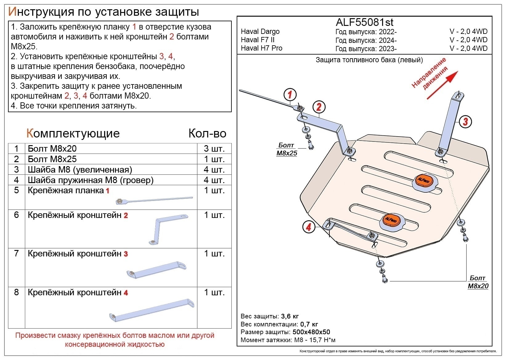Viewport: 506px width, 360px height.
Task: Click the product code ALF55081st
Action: pyautogui.click(x=364, y=22)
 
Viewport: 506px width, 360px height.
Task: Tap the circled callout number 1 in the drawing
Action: pyautogui.click(x=290, y=95)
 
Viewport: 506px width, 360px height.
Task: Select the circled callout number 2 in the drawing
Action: pyautogui.click(x=319, y=107)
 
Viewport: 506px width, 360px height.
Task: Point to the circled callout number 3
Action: pyautogui.click(x=465, y=121)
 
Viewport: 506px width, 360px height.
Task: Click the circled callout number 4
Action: pyautogui.click(x=308, y=227)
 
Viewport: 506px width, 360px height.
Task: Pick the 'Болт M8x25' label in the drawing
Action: pyautogui.click(x=287, y=149)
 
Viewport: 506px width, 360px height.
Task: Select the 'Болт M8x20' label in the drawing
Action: pyautogui.click(x=478, y=282)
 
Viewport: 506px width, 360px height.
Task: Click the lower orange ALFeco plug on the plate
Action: pyautogui.click(x=391, y=220)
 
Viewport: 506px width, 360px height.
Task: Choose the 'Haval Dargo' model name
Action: pyautogui.click(x=260, y=31)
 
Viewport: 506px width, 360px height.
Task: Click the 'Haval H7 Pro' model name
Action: pyautogui.click(x=261, y=48)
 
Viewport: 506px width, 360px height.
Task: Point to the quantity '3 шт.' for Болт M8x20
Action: pyautogui.click(x=214, y=149)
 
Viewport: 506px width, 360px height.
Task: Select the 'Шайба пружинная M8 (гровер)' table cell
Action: pyautogui.click(x=91, y=180)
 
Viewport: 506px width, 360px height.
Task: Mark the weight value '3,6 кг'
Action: pyautogui.click(x=290, y=316)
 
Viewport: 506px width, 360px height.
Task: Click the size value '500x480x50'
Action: pyautogui.click(x=311, y=332)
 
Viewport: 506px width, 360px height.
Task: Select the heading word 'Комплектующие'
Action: pyautogui.click(x=73, y=133)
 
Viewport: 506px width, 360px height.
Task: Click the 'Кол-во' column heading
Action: pyautogui.click(x=207, y=133)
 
